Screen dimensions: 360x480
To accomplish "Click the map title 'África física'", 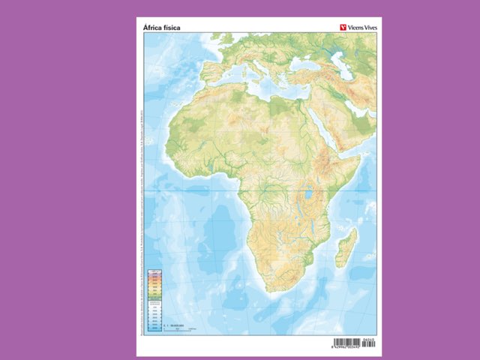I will [x=161, y=28].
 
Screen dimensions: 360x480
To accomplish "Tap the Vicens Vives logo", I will [x=354, y=28].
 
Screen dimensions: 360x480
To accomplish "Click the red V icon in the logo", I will [x=338, y=28].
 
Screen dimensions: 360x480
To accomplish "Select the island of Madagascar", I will [x=346, y=247].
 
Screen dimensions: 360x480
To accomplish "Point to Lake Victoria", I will [x=307, y=199].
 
